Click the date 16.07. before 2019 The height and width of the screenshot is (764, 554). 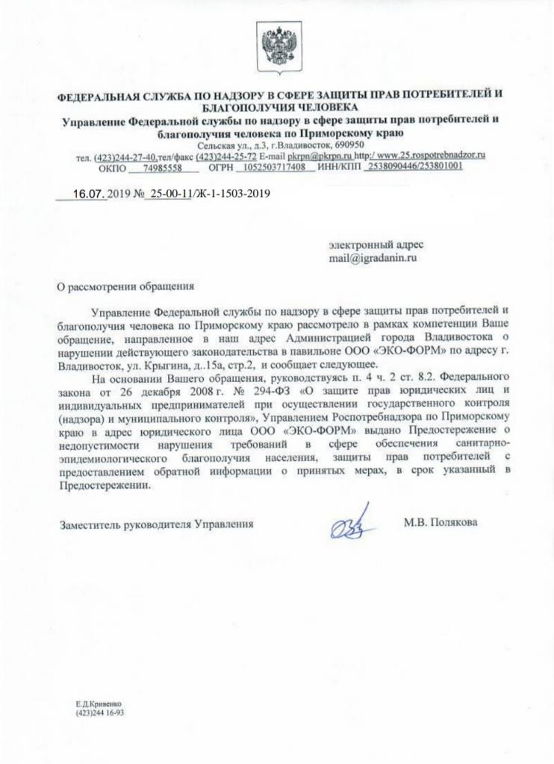[x=89, y=193]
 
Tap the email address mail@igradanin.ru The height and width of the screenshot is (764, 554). [x=371, y=257]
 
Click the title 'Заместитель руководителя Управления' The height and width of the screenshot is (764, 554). [x=157, y=525]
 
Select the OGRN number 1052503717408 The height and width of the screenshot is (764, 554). [x=270, y=167]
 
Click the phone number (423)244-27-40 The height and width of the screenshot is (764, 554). [x=124, y=157]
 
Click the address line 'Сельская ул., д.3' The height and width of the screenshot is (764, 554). [x=225, y=145]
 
